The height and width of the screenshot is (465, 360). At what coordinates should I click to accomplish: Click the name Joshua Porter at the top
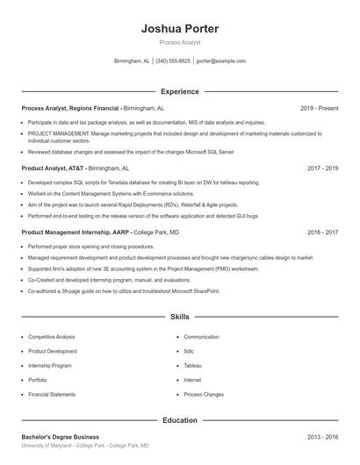(179, 29)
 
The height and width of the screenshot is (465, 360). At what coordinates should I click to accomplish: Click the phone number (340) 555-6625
(173, 61)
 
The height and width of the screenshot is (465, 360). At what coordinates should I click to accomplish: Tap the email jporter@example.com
(220, 61)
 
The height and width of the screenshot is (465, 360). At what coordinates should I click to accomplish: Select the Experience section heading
(179, 91)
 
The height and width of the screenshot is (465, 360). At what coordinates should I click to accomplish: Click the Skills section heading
(179, 316)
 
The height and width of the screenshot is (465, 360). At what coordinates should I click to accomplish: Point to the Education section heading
(179, 421)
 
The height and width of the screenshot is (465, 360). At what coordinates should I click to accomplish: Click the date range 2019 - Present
(319, 108)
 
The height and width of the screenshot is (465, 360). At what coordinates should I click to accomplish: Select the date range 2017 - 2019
(322, 167)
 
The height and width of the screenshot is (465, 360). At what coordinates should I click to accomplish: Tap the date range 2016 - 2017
(322, 232)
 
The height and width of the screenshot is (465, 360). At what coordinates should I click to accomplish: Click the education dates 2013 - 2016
(322, 436)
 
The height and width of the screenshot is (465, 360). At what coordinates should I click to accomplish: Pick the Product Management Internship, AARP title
(76, 232)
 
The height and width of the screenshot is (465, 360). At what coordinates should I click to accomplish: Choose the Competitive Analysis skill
(52, 337)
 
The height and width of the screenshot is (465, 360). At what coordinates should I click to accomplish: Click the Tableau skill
(192, 365)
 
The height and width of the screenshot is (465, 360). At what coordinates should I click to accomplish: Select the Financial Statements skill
(52, 394)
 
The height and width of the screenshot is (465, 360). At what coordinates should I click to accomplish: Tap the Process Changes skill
(204, 394)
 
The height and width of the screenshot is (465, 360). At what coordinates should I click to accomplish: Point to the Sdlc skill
(190, 351)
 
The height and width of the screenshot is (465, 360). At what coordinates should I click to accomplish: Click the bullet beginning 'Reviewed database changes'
(131, 151)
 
